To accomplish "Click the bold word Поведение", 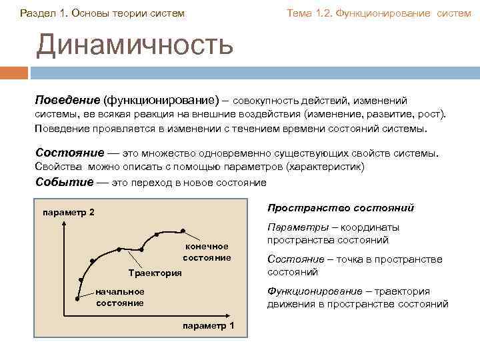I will [67, 100].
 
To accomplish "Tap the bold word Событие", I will [63, 181].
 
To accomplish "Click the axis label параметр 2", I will [68, 213].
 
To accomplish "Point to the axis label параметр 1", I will [208, 325].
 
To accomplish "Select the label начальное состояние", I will [120, 297].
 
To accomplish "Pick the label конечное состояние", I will [207, 252].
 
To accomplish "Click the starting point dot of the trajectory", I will [77, 299].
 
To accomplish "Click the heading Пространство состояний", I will [340, 208].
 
